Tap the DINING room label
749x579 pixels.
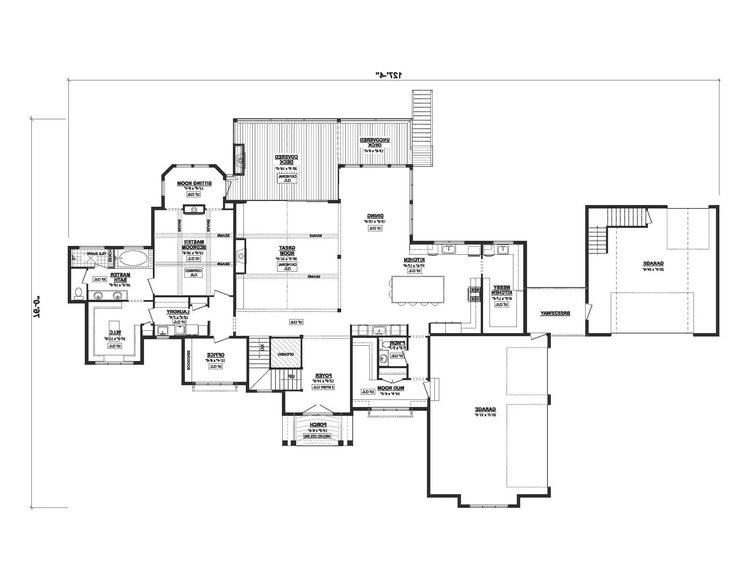[x=375, y=216]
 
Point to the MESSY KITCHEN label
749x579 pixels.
[x=501, y=290]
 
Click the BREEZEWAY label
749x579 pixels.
[x=555, y=313]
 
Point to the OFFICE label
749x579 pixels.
[x=216, y=355]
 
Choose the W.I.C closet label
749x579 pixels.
[x=114, y=332]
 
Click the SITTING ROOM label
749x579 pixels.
[x=194, y=184]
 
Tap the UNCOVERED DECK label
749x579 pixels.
[x=374, y=142]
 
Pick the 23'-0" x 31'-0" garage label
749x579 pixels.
[x=485, y=409]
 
